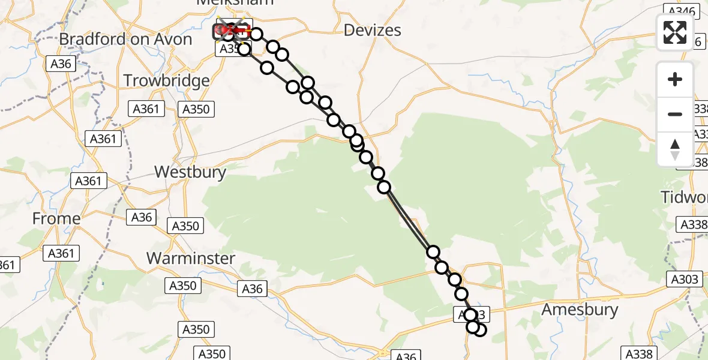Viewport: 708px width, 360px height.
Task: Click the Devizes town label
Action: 372,30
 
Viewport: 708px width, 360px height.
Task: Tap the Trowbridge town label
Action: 166,80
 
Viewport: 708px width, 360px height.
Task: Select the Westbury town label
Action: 190,172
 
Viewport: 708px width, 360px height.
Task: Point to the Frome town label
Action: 56,218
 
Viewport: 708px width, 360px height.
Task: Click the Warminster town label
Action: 191,258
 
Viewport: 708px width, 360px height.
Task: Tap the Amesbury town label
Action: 580,310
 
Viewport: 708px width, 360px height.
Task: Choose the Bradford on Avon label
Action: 125,40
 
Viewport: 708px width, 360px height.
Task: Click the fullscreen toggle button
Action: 675,32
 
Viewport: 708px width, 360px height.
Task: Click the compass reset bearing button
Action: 675,149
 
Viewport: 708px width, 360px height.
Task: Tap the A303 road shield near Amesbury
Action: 684,279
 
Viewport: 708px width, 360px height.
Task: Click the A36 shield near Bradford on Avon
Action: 62,64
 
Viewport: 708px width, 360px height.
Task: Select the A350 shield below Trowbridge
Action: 196,109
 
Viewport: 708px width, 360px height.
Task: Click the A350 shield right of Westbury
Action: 187,226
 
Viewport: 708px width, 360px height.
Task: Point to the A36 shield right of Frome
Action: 142,217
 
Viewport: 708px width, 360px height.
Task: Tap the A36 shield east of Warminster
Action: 252,289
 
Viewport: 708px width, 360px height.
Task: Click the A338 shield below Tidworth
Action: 692,225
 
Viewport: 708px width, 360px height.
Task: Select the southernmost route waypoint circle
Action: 479,329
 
